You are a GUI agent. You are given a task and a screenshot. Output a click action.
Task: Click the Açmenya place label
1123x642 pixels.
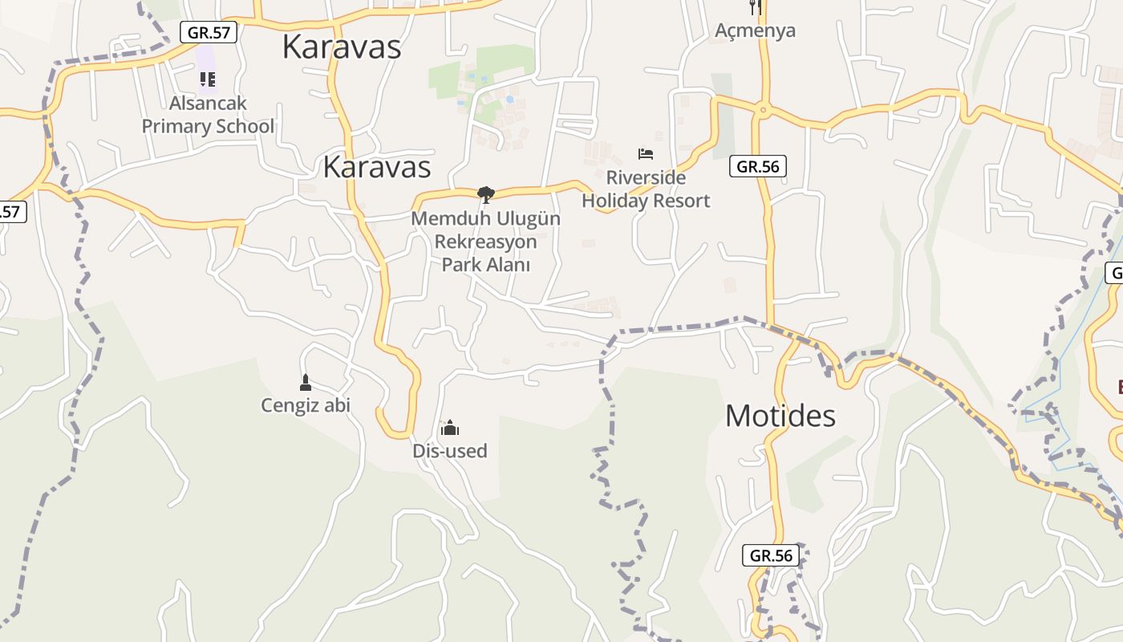(755, 30)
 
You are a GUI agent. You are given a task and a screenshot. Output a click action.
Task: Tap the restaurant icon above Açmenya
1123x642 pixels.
(755, 6)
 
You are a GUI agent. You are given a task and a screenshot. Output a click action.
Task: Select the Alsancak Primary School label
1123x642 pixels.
(208, 115)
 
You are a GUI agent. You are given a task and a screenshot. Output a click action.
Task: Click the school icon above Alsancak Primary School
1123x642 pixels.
(208, 79)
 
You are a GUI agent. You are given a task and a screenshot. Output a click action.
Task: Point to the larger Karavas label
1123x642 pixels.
(341, 47)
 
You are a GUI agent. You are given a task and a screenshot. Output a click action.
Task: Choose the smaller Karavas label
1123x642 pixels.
(377, 167)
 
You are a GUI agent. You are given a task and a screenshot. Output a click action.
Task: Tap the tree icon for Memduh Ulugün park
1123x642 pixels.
(485, 194)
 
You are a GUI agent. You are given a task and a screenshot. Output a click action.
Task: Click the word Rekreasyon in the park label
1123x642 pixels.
(485, 241)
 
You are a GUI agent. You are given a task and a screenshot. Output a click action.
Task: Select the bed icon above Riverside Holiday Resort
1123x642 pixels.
(646, 153)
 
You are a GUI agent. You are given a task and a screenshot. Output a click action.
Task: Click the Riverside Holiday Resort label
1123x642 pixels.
(646, 189)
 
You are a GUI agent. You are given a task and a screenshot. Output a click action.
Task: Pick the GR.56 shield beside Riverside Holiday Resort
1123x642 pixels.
(758, 167)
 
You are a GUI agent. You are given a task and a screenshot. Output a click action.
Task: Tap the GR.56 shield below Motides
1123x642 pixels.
(771, 555)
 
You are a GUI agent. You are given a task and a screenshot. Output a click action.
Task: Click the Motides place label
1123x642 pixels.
(780, 416)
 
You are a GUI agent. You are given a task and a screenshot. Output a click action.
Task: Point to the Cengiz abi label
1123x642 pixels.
(306, 405)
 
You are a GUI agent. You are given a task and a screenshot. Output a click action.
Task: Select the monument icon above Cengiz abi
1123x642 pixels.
(305, 382)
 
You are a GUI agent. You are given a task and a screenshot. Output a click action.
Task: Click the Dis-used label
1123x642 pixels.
(449, 451)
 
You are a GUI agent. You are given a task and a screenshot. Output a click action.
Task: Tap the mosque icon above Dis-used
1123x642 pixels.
(450, 427)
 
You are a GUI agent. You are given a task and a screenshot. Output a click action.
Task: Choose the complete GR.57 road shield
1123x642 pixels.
(209, 33)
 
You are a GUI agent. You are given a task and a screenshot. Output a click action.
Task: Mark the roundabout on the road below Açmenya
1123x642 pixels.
(762, 109)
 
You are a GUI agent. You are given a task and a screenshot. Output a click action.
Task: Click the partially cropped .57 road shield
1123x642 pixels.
(11, 212)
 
